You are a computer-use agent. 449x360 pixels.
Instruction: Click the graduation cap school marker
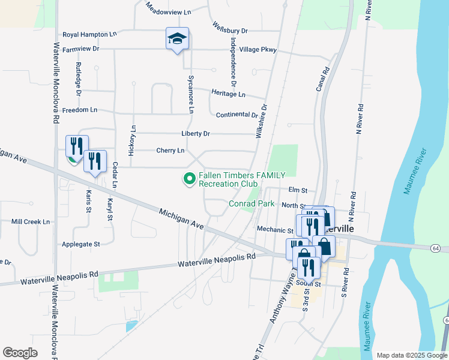click(177, 39)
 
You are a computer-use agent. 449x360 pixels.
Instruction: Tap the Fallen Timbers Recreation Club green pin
click(190, 178)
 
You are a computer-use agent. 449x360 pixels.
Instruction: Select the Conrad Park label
click(252, 204)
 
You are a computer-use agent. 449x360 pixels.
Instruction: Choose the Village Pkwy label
click(258, 50)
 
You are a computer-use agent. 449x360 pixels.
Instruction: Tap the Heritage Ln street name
click(228, 94)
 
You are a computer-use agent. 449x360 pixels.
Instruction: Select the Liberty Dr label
click(196, 133)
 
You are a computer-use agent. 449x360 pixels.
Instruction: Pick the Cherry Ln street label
click(170, 151)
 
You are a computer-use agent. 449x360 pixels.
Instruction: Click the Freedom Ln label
click(79, 110)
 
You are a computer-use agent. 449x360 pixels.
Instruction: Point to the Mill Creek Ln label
click(31, 222)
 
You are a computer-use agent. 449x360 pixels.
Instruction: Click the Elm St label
click(298, 191)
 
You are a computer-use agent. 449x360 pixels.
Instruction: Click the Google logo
click(20, 353)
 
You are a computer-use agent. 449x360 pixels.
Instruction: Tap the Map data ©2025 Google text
click(411, 355)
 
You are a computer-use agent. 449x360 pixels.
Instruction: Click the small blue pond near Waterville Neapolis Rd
click(130, 327)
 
